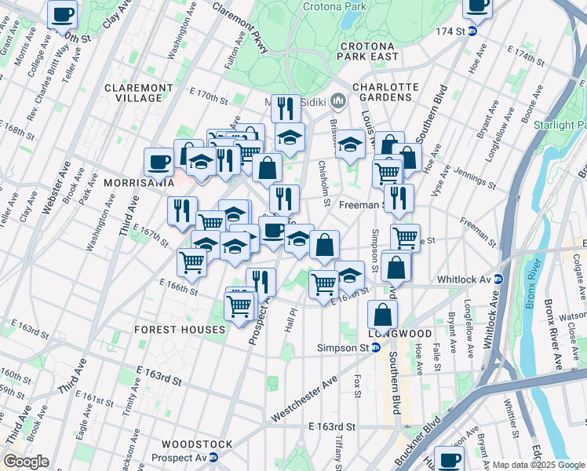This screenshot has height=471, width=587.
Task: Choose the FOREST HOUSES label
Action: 180,330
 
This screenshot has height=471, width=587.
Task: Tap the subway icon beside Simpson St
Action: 377,348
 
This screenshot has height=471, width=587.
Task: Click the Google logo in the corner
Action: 27,462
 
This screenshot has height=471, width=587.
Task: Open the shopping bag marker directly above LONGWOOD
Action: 382,315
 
